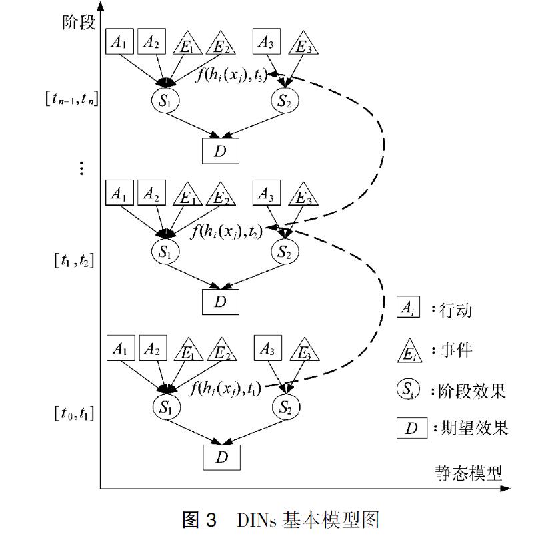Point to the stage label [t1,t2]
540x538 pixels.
[x=73, y=260]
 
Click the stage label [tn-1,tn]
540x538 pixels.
[x=69, y=101]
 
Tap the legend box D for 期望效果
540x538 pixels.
[x=412, y=428]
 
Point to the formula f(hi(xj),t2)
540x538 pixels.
[x=226, y=232]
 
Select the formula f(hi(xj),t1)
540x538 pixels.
[x=225, y=388]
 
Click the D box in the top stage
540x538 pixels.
[x=220, y=151]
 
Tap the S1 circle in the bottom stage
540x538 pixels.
[x=165, y=407]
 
